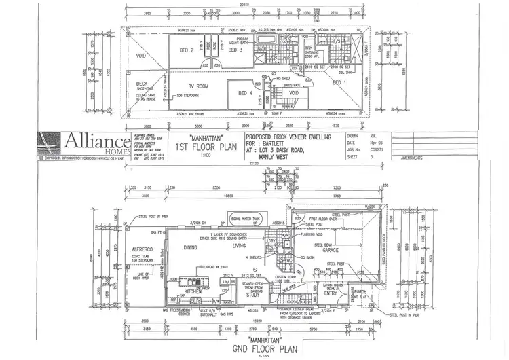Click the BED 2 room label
[x=187, y=50]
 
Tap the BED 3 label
[x=235, y=50]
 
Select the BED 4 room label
[x=246, y=93]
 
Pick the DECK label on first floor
[x=142, y=84]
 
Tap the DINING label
[x=190, y=249]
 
